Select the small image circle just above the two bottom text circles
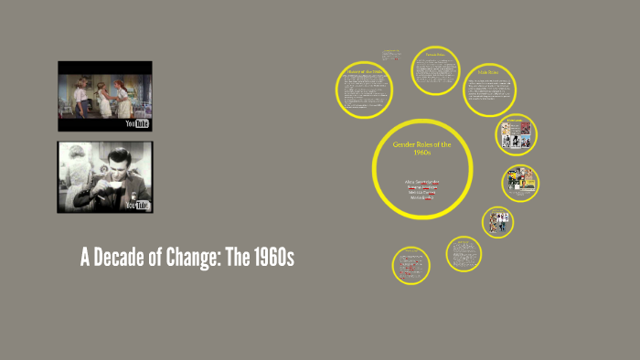498,219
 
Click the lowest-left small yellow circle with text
411,265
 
